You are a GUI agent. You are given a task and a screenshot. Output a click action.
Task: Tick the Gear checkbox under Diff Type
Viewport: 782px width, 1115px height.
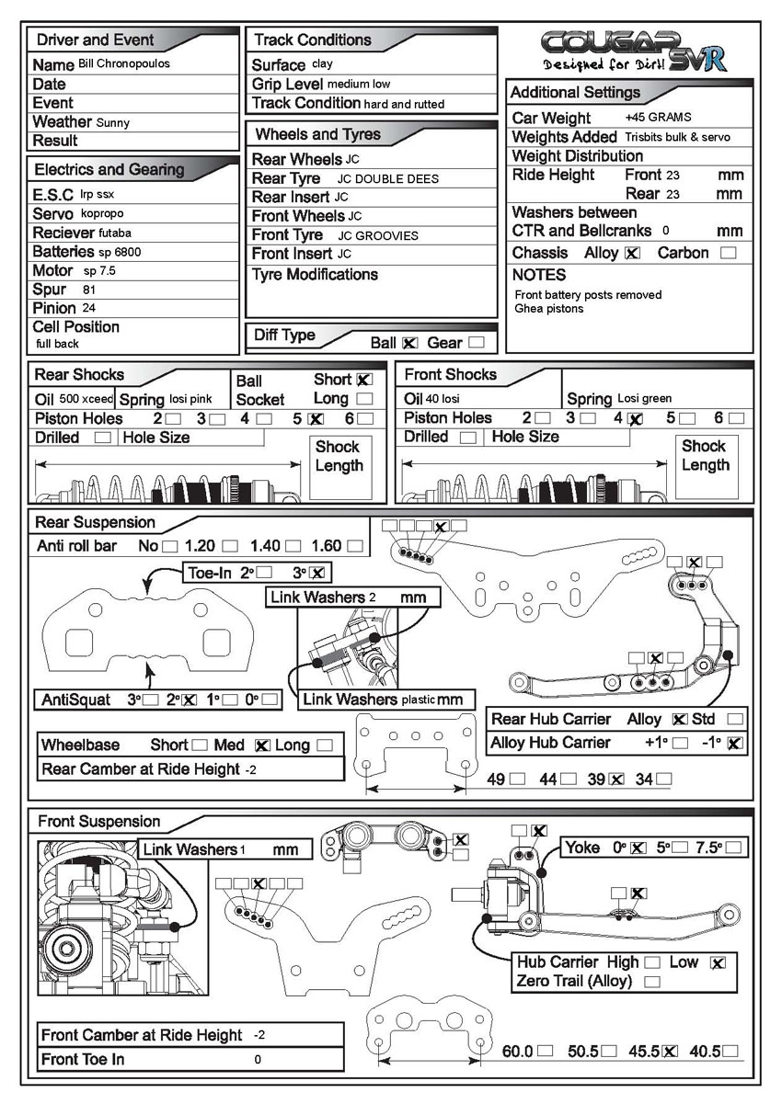476,343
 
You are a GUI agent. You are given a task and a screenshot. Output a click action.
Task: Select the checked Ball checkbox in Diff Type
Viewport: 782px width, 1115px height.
409,343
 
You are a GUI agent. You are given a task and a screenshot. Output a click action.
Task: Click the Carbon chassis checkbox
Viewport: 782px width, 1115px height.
729,253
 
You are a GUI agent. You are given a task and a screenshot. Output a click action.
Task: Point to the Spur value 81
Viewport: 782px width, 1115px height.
89,290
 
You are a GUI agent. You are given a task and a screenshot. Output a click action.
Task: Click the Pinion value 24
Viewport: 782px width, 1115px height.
88,308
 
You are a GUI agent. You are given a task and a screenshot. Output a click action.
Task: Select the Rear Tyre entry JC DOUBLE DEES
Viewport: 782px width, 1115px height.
388,179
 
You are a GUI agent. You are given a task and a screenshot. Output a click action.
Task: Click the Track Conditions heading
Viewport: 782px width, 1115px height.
312,40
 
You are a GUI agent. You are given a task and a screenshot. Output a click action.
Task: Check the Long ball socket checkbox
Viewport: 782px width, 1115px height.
364,399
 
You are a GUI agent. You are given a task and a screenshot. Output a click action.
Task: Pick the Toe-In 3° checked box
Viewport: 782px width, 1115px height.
317,573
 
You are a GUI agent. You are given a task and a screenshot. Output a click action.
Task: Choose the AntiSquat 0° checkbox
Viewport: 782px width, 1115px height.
269,700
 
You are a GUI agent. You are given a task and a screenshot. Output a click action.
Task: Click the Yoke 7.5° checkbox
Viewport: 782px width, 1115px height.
733,848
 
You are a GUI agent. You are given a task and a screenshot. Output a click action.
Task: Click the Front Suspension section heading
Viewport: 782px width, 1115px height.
98,822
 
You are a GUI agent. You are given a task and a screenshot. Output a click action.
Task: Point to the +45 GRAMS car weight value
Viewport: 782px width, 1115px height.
657,118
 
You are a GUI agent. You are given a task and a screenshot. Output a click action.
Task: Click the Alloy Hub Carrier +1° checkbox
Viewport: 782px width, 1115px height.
681,743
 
